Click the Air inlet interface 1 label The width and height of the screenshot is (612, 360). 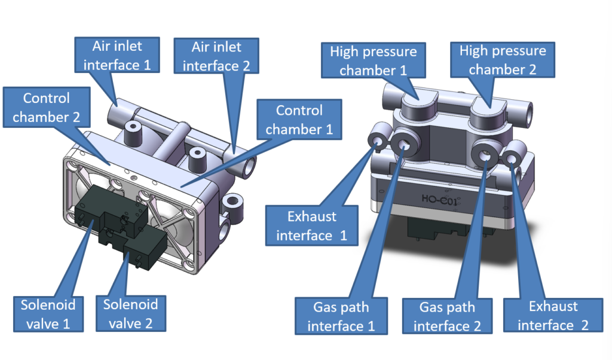[118, 54]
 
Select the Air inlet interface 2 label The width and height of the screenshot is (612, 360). [216, 56]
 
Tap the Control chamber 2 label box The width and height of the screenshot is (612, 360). [46, 107]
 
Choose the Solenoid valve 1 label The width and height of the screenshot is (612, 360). [46, 314]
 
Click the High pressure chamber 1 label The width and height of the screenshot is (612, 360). [373, 60]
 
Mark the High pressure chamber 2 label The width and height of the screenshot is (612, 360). [503, 60]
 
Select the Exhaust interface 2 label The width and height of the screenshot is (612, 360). [553, 316]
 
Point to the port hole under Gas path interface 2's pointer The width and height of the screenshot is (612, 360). [486, 155]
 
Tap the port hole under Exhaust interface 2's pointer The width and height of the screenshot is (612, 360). [511, 159]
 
